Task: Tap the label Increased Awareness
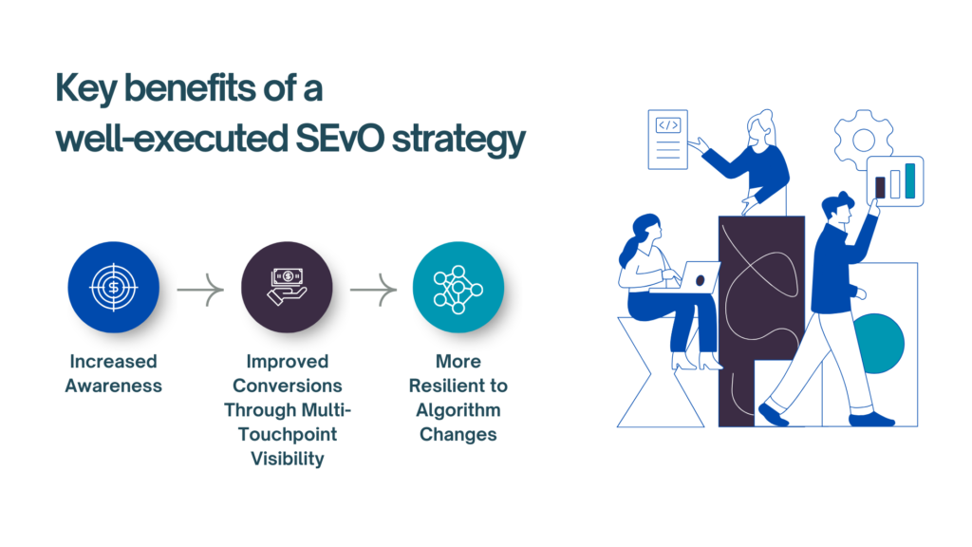click(114, 373)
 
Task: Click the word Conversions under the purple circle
click(287, 386)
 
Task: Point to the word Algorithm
click(458, 410)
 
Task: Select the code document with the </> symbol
click(667, 140)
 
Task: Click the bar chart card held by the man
click(895, 179)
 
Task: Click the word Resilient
click(458, 386)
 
